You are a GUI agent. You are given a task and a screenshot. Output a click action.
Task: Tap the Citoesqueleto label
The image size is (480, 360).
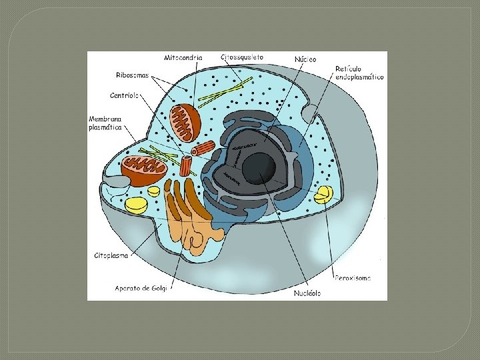tap(242, 57)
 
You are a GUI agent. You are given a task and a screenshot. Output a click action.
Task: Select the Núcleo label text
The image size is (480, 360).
tap(305, 59)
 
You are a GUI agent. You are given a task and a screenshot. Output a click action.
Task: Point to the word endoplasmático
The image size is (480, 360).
tap(359, 77)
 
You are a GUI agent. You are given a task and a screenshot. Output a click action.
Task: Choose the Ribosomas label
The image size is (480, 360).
tap(132, 75)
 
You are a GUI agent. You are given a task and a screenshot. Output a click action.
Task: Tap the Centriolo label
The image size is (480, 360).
tap(125, 95)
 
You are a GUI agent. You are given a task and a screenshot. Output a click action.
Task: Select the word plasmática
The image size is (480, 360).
tap(105, 128)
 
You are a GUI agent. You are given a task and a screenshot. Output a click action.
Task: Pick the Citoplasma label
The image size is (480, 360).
tap(111, 255)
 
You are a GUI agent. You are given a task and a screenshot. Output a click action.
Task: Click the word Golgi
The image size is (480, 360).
tap(161, 289)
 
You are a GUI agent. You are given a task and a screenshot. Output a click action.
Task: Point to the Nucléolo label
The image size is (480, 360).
tap(307, 293)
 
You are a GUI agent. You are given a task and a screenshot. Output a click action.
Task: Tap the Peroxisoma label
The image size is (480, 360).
tap(353, 277)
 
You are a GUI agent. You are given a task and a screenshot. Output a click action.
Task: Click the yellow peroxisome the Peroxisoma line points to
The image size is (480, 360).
tap(324, 194)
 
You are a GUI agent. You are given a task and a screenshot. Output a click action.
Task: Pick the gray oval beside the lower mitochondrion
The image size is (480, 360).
tap(119, 181)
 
